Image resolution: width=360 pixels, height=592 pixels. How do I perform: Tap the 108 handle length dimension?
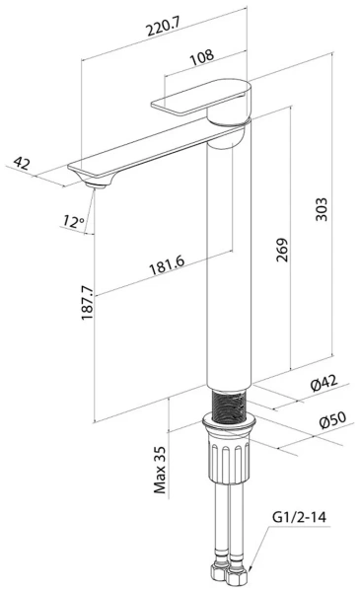point(201,57)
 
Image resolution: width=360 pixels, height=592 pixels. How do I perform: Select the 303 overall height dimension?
point(322,209)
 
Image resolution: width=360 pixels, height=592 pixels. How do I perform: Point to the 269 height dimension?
point(282,250)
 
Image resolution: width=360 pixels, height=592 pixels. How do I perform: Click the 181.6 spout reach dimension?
point(167,265)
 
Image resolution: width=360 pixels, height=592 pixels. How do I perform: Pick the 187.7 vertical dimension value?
point(87,303)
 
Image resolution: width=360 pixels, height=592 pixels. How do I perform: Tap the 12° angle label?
point(74,221)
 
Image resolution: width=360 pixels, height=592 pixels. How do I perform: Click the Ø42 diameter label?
point(324,383)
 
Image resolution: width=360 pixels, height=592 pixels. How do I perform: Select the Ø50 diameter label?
point(332,420)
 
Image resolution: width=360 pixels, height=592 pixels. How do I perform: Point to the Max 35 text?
point(160,470)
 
